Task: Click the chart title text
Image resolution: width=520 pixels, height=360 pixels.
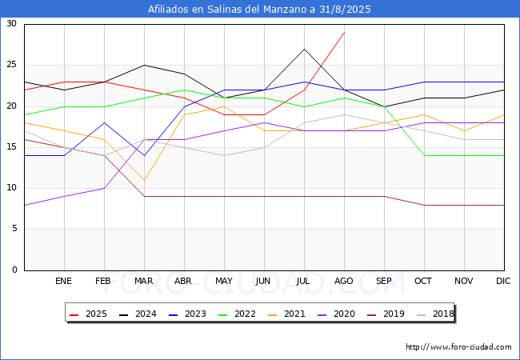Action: [259, 10]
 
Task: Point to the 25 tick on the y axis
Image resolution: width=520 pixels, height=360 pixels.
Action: [11, 65]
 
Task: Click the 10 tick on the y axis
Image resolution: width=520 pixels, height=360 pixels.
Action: [11, 188]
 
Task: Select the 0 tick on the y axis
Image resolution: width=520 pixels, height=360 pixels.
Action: [14, 270]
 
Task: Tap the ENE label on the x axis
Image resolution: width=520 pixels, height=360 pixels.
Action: [64, 282]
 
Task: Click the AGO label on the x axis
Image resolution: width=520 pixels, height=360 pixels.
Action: [344, 282]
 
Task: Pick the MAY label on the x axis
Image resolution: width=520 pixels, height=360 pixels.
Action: [224, 282]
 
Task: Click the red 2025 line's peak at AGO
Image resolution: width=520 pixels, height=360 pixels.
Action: [344, 32]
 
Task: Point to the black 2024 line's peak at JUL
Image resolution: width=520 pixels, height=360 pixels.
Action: [304, 49]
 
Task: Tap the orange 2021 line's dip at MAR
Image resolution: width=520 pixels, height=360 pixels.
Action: [144, 180]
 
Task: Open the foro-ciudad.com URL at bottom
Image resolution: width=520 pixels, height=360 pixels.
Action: [458, 347]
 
